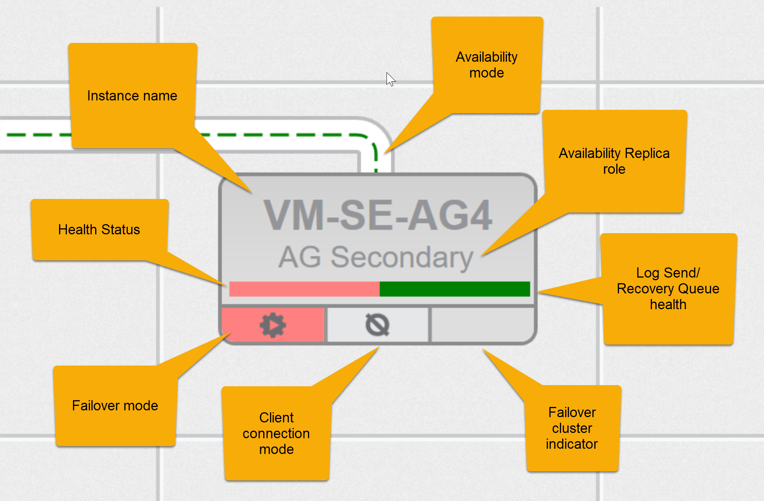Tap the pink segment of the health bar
304,289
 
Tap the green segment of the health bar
455,289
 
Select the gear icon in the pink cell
273,325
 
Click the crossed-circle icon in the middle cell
377,325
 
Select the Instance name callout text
132,96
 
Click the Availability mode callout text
487,65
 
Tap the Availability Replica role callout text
614,161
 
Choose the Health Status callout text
99,229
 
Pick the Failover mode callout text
115,405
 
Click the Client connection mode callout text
276,433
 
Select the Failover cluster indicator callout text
572,428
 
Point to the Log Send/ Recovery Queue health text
668,288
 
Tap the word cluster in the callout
572,428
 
